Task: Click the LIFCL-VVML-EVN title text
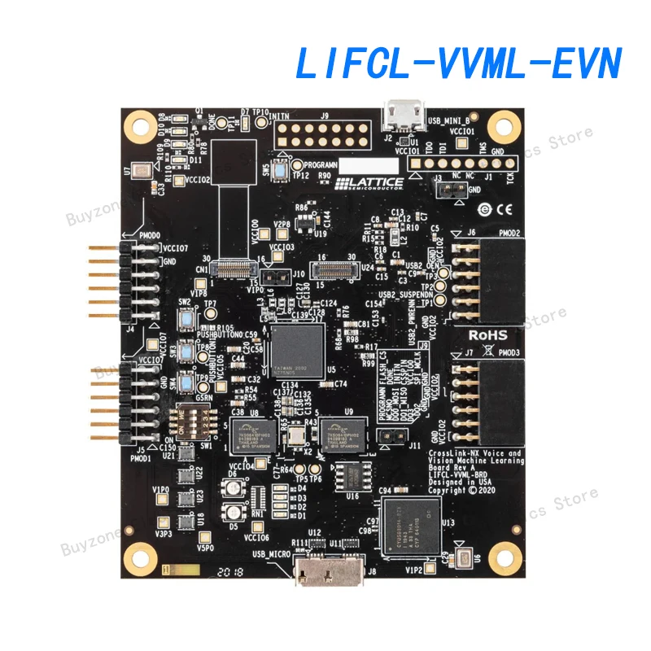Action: [457, 63]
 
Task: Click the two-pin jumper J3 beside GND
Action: [447, 190]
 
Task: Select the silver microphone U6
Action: [463, 560]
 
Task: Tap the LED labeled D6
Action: [234, 487]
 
